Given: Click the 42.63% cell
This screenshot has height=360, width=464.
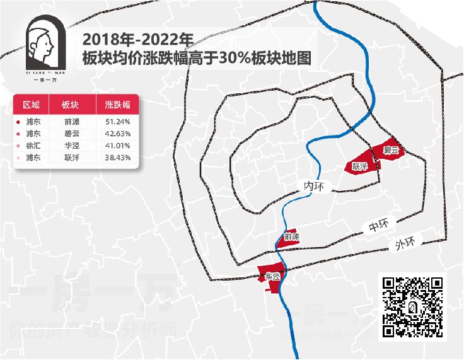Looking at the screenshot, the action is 117,134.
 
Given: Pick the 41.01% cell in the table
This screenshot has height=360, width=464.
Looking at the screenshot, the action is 117,146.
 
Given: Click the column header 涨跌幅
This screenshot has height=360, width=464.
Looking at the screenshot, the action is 117,105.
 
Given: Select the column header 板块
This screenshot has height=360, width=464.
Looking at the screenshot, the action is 71,105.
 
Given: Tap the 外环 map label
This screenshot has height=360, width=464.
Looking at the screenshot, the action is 405,243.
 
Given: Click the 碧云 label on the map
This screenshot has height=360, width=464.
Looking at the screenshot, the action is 391,151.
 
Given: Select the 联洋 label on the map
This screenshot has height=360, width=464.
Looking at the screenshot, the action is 360,167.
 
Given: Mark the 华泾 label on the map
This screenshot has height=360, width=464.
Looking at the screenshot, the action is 272,276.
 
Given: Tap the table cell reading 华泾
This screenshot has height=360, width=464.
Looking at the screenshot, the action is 71,146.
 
